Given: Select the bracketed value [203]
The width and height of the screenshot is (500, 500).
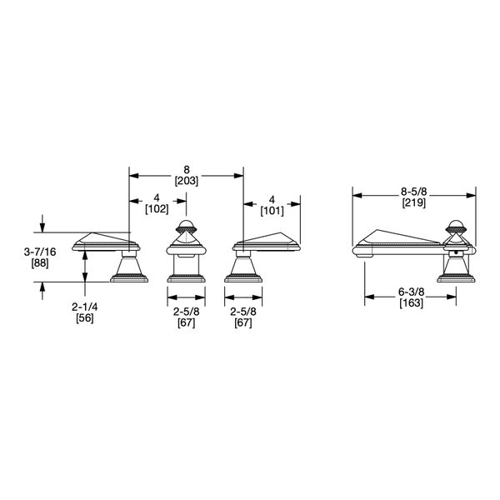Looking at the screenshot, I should click(x=186, y=180).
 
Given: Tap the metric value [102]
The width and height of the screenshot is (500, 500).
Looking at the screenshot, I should click(x=157, y=210).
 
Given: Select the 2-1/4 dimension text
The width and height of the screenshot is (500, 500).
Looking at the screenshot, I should click(x=83, y=306).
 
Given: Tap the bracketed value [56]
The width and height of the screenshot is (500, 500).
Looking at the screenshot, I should click(x=83, y=318).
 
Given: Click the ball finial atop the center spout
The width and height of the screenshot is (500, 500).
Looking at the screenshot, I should click(x=186, y=225).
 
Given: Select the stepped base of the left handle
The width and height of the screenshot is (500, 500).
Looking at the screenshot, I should click(x=130, y=276).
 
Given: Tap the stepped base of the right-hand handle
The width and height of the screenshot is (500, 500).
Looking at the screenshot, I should click(x=243, y=276).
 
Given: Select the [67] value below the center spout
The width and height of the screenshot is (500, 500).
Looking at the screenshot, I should click(x=186, y=322).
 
